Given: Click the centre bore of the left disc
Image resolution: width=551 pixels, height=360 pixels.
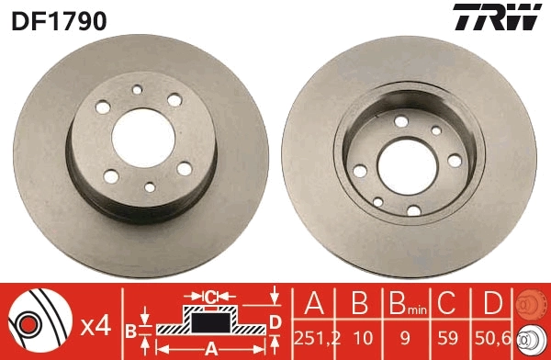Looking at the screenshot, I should tap(139, 135).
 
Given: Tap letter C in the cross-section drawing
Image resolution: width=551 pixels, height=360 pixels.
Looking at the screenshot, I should tap(210, 296).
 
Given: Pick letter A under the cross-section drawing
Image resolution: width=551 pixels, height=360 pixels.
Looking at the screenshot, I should tap(210, 348).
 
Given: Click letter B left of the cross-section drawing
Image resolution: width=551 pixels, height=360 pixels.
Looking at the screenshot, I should tap(131, 329).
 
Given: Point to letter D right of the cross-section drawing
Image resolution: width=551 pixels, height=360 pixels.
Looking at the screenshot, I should tap(275, 321).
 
